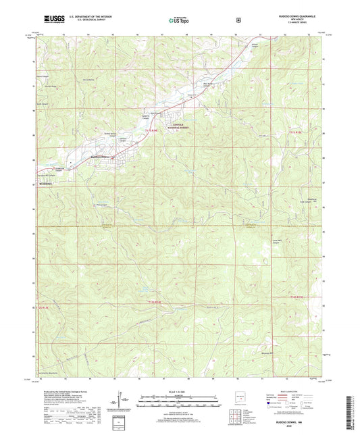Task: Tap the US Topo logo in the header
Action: (178, 20)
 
